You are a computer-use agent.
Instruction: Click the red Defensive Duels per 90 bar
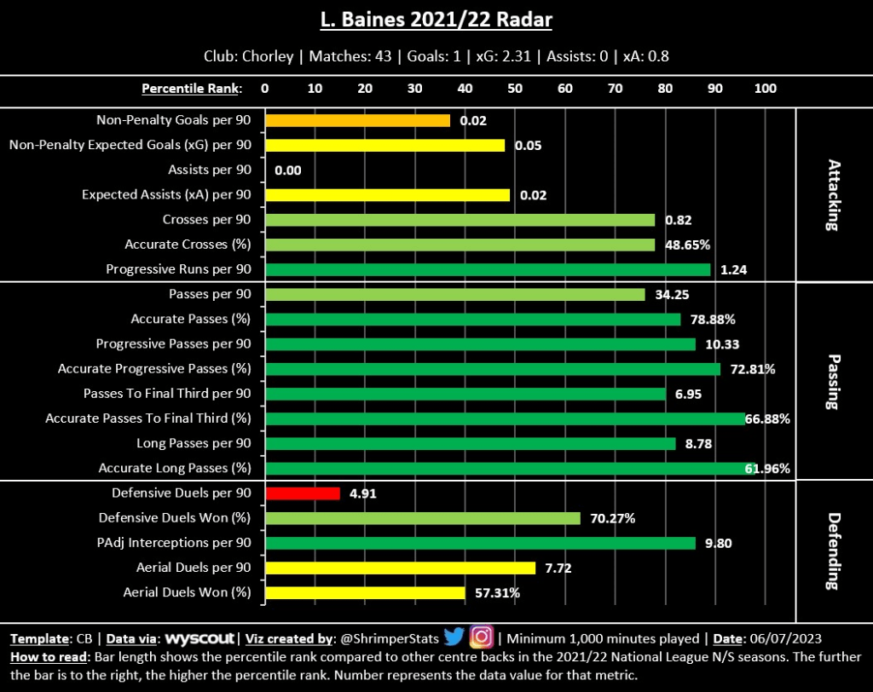pos(303,493)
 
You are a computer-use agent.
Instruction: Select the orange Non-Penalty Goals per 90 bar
pos(357,120)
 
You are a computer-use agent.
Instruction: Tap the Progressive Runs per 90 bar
pos(488,269)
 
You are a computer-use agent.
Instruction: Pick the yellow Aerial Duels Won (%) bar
pos(365,592)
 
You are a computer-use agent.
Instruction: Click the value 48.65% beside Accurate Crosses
pos(691,245)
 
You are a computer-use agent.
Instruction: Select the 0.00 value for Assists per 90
pos(288,170)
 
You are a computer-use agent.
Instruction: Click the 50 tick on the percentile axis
pos(515,88)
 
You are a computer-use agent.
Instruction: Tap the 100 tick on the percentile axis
pos(766,88)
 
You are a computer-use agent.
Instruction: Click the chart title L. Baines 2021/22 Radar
pos(436,18)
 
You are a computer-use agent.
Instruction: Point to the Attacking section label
pos(833,194)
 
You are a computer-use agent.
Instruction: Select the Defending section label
pos(833,551)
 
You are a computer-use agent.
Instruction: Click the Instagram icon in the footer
pos(482,637)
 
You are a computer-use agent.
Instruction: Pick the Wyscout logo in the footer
pos(200,638)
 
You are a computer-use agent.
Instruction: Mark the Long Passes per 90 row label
pos(194,443)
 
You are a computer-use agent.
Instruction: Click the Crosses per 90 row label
pos(207,220)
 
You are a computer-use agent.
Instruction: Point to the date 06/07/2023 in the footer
pos(786,638)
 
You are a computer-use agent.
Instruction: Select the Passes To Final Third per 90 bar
pos(465,394)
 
